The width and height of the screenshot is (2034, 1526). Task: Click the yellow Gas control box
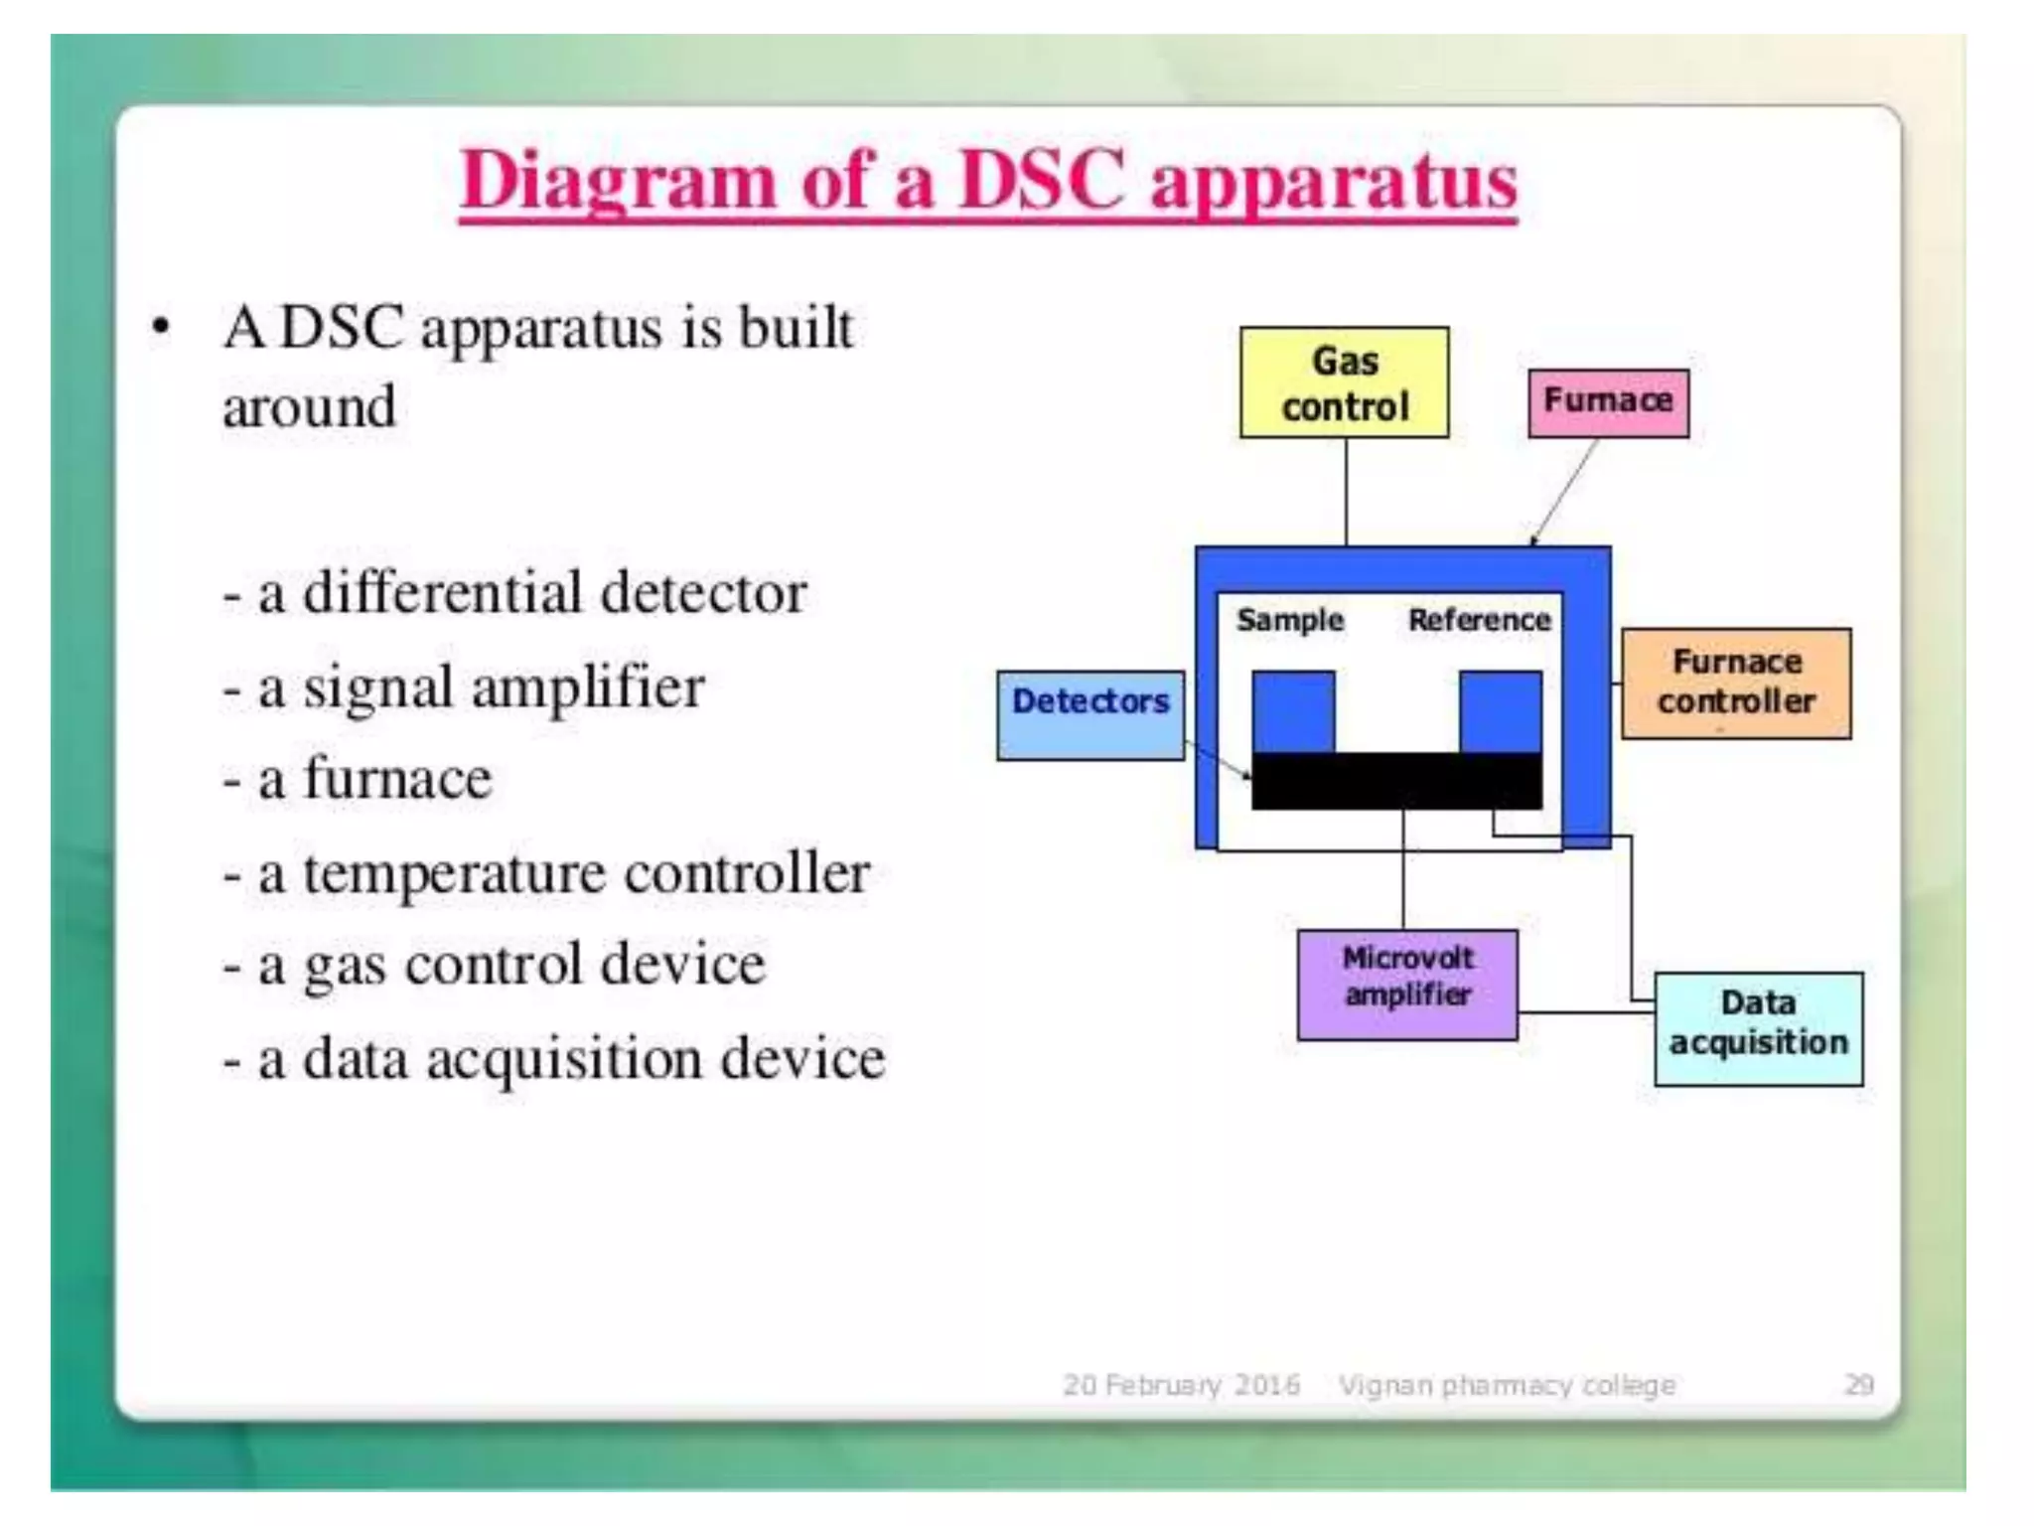tap(1344, 382)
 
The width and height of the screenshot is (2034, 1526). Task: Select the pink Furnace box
tap(1608, 402)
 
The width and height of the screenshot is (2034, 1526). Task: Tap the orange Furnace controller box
tap(1736, 684)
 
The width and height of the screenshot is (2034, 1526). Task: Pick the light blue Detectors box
tap(1090, 715)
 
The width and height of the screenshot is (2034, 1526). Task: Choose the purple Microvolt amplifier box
tap(1407, 985)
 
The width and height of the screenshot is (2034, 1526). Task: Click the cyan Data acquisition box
tap(1758, 1028)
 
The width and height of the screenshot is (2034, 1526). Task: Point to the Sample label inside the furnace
tap(1289, 620)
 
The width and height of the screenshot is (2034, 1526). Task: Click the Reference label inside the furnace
tap(1479, 620)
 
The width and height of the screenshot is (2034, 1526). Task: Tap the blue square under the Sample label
tap(1292, 711)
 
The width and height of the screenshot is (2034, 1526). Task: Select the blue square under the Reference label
tap(1500, 711)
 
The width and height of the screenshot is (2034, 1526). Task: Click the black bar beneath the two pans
tap(1395, 781)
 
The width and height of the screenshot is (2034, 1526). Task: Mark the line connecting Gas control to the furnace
tap(1346, 492)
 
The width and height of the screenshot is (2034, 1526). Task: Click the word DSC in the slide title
tap(1042, 181)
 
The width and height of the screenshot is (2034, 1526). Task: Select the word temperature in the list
tap(454, 874)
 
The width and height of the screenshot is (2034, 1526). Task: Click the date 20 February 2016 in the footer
tap(1181, 1384)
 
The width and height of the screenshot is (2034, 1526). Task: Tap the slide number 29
tap(1858, 1384)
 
